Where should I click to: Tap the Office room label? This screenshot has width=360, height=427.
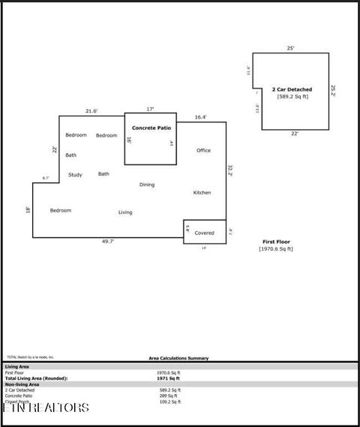[203, 150]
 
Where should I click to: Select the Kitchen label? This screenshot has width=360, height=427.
[202, 192]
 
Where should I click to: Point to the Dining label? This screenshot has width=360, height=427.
[147, 184]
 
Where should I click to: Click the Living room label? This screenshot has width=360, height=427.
[125, 212]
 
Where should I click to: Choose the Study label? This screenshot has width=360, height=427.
[75, 175]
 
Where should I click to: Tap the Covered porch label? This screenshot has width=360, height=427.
[204, 233]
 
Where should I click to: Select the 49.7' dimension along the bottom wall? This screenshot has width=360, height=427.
[108, 242]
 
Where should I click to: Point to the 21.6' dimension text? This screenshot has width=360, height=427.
[91, 111]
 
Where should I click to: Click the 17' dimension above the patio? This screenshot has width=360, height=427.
[150, 110]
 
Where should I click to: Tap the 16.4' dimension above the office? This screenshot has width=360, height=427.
[200, 117]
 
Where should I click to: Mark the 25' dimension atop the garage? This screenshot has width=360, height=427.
[290, 48]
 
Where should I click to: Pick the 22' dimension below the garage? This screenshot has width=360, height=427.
[295, 134]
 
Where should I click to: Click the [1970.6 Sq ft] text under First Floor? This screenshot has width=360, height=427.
[276, 248]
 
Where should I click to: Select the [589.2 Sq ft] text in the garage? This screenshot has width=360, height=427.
[292, 96]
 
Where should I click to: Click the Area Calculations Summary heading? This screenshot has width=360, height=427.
[178, 358]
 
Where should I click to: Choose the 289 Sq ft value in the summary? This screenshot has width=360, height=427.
[169, 395]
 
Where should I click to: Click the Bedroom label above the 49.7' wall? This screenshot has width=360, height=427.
[61, 210]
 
